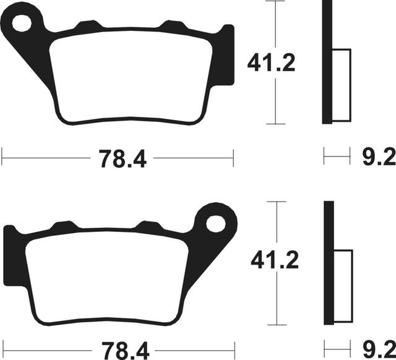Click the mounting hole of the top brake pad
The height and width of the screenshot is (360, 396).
tap(22, 24)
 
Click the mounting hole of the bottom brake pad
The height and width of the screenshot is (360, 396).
tap(216, 224)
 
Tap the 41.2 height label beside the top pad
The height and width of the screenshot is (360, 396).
tap(271, 62)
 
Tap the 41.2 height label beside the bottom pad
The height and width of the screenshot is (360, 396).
tap(275, 260)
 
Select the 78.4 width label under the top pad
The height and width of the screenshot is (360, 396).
tap(123, 158)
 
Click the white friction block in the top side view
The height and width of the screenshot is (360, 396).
tap(342, 85)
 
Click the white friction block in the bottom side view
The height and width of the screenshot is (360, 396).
tap(343, 286)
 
